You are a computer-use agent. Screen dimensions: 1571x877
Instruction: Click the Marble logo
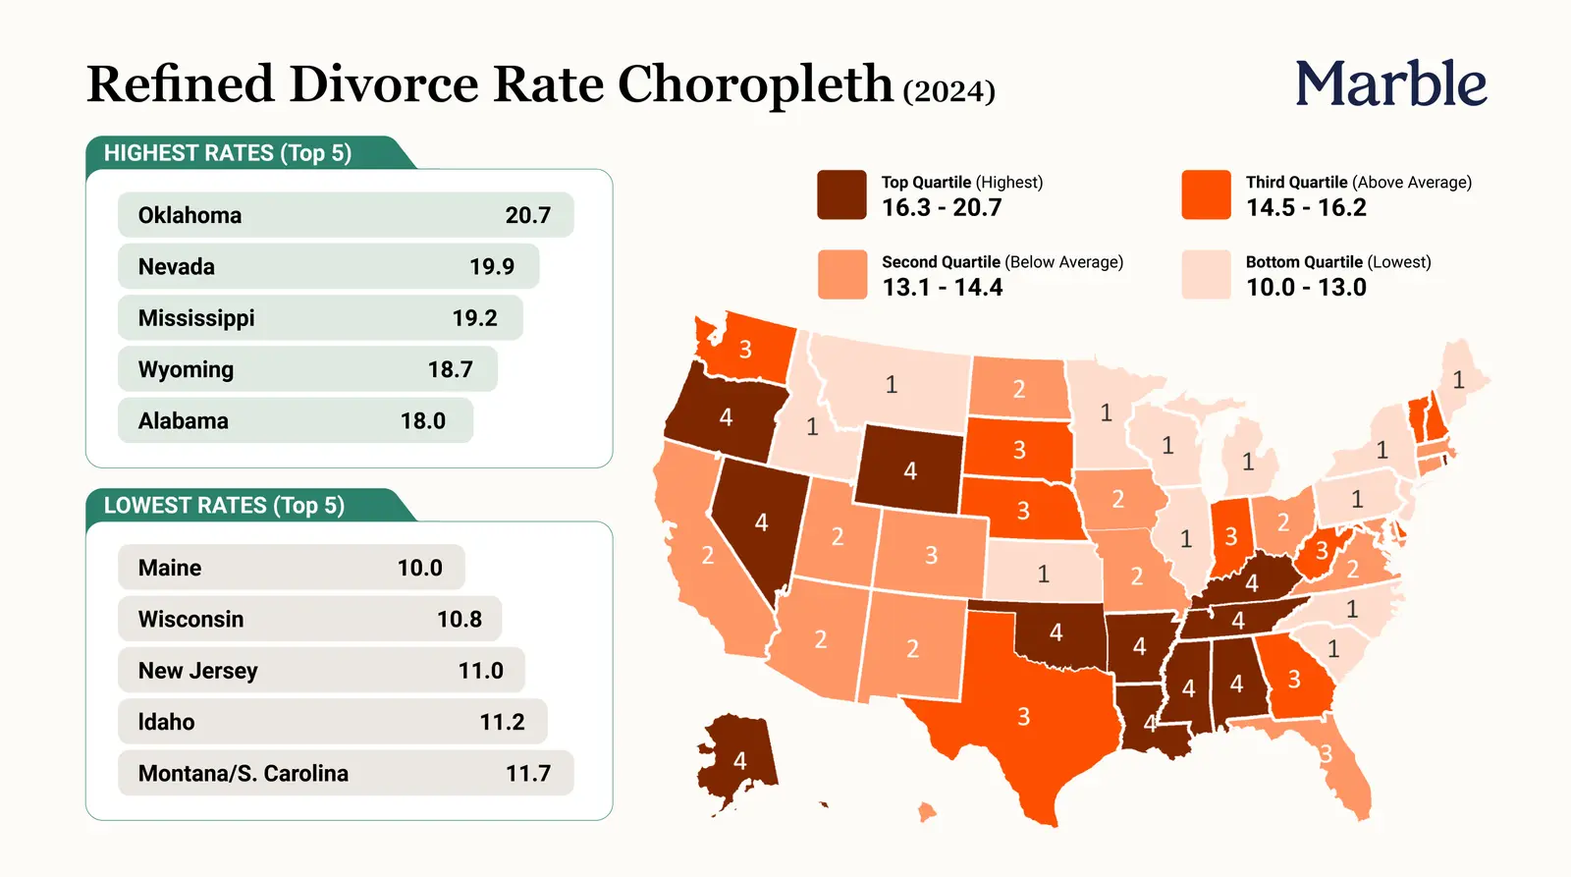(x=1390, y=82)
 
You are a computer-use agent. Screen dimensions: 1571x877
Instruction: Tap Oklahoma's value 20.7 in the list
(x=528, y=215)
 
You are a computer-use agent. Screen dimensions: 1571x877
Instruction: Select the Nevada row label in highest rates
(x=176, y=266)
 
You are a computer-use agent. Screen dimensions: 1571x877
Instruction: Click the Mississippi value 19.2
(x=475, y=318)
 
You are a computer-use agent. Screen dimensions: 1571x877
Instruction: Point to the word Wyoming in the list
(x=186, y=369)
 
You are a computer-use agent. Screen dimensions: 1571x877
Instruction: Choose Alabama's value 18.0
(x=423, y=421)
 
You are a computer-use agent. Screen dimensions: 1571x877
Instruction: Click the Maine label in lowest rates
(x=170, y=568)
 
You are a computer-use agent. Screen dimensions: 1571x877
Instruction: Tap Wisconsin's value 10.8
(x=460, y=619)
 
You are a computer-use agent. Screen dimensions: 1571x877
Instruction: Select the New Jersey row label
(x=197, y=671)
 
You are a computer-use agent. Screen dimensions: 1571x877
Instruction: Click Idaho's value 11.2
(x=502, y=722)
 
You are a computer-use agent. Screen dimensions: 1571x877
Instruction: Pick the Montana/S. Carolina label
(x=244, y=773)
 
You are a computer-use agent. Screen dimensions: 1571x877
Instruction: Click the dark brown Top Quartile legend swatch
(x=841, y=194)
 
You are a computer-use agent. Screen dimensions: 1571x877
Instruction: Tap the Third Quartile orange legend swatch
(x=1206, y=194)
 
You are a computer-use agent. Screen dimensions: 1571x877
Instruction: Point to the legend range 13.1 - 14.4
(x=942, y=287)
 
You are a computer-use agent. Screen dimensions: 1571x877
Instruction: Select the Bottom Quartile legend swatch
(x=1206, y=274)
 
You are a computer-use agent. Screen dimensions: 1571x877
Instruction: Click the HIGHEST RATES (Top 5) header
(x=228, y=153)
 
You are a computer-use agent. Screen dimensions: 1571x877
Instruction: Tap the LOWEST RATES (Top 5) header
(x=225, y=505)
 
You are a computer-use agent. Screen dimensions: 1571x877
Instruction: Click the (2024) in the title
(x=948, y=90)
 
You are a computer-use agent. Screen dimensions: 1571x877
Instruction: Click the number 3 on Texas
(x=1023, y=716)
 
